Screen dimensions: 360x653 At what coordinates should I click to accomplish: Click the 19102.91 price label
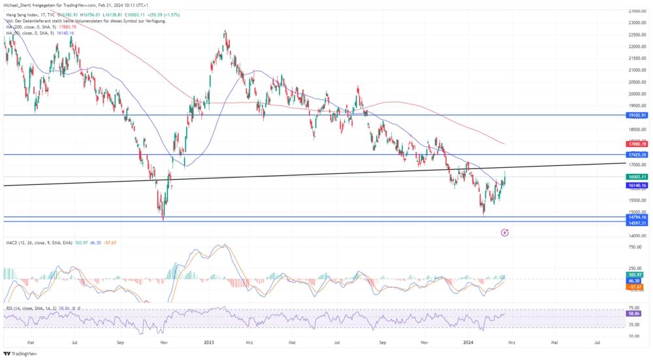[635, 115]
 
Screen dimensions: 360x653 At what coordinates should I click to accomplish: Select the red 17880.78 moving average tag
[635, 144]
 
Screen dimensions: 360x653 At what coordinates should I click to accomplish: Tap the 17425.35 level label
[635, 155]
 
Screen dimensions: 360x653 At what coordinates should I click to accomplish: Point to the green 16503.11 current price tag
[635, 176]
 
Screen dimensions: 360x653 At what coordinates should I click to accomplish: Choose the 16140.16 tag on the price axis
[635, 186]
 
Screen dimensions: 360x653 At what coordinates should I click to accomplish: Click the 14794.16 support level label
[635, 217]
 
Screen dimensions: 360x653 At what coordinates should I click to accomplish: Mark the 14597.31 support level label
[635, 223]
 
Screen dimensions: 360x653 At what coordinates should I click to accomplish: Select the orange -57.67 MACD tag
[633, 287]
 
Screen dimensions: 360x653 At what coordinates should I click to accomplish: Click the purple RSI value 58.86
[633, 314]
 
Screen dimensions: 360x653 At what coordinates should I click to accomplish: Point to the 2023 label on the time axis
[209, 342]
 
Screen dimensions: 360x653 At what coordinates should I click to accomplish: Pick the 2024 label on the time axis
[469, 342]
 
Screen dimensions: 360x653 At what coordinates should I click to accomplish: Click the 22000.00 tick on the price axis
[637, 47]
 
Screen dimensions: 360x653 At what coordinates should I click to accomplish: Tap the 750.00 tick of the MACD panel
[633, 247]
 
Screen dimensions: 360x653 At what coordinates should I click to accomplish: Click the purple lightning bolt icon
[505, 232]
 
